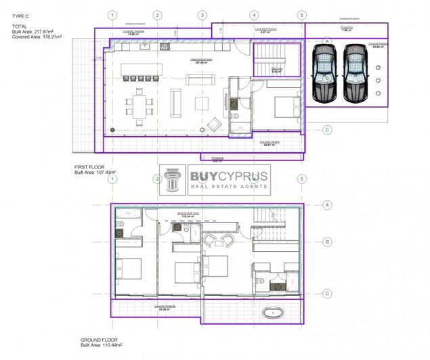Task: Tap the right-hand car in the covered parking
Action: point(355,72)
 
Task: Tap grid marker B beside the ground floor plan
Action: point(326,241)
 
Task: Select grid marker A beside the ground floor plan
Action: point(326,204)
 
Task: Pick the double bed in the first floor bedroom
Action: point(281,105)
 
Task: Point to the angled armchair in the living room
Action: point(214,125)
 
